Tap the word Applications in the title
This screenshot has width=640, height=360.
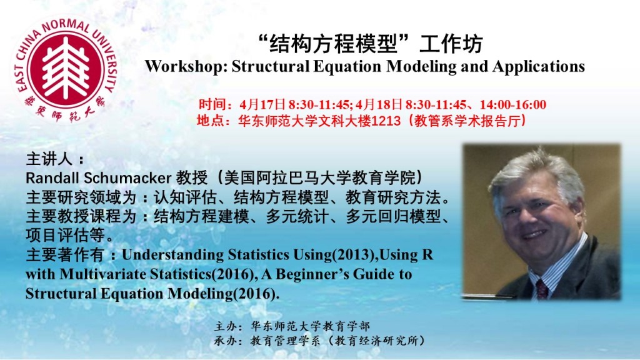click(x=539, y=66)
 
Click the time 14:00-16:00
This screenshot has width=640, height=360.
click(x=513, y=104)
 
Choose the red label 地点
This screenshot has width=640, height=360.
click(x=211, y=121)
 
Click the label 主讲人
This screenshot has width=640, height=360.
click(x=49, y=159)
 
